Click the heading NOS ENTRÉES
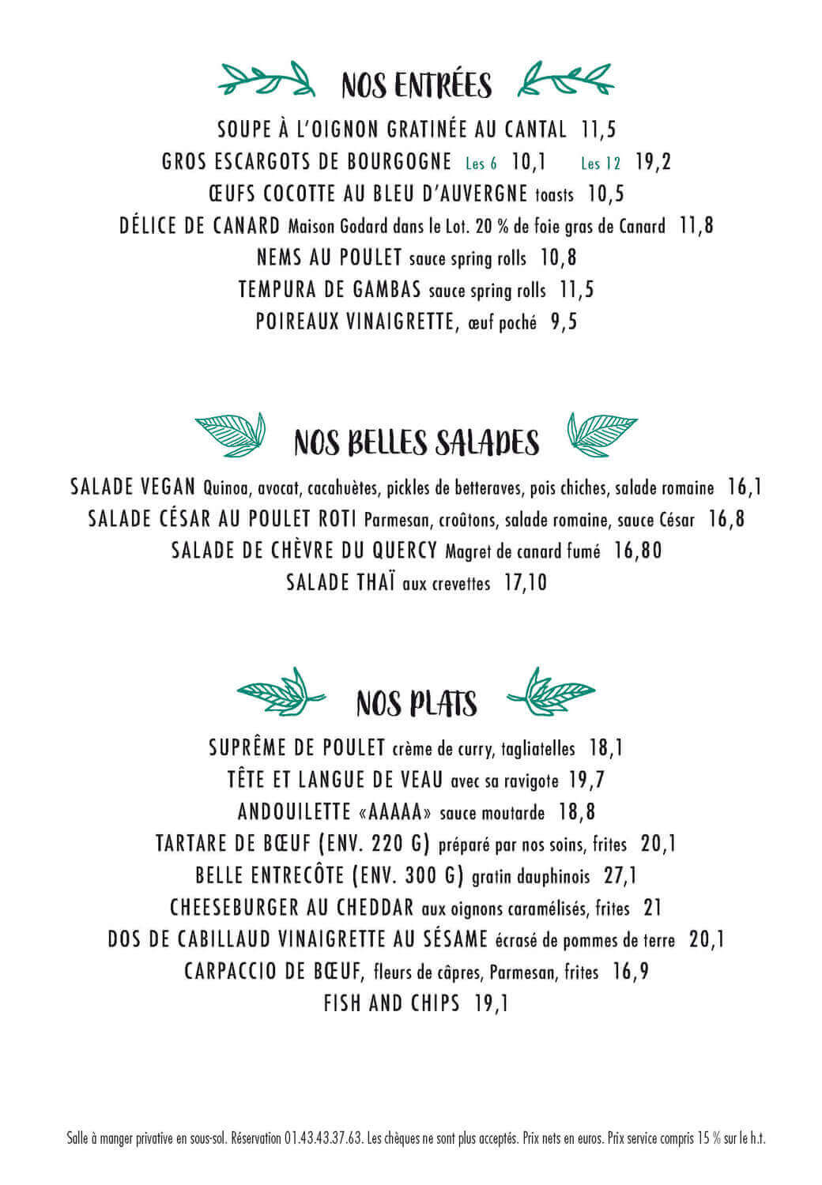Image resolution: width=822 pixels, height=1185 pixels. point(416,85)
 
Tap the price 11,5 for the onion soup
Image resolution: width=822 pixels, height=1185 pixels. point(598,130)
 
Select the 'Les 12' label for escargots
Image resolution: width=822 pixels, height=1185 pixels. point(601,164)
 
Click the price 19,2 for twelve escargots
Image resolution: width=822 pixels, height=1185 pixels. point(653,162)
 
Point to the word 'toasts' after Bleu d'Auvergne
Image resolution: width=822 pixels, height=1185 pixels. point(554,195)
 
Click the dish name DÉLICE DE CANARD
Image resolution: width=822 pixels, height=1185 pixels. point(200,226)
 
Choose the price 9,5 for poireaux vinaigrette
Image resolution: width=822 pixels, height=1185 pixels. point(564,322)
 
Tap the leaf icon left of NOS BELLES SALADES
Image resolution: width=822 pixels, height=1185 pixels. point(230,434)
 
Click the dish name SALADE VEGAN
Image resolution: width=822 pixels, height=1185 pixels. point(132,487)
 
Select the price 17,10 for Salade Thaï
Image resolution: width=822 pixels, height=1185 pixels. point(525,584)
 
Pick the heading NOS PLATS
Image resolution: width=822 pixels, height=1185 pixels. point(416,702)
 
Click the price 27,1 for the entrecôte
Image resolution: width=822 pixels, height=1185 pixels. point(620,876)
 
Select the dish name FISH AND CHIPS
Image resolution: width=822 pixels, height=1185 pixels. point(391,1004)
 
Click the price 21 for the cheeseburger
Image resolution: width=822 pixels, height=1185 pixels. point(652,908)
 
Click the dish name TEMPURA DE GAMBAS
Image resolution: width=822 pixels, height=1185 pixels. point(330,291)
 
